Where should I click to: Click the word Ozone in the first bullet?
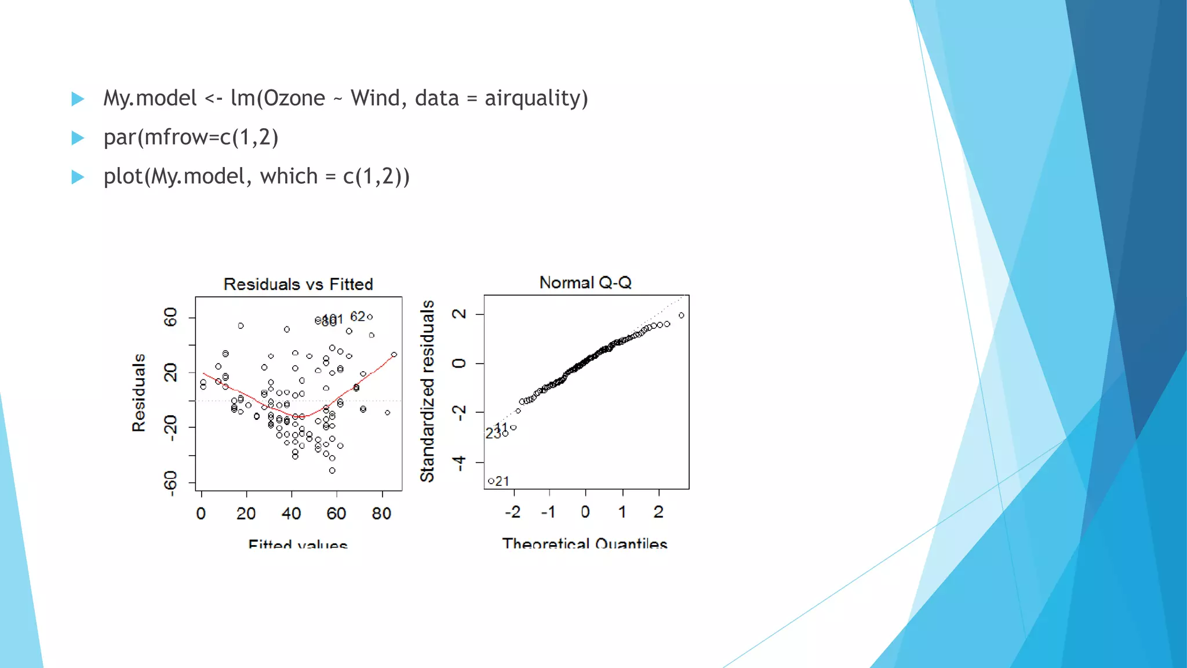pyautogui.click(x=294, y=98)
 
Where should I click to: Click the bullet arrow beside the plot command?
pyautogui.click(x=78, y=177)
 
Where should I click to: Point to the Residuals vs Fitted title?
pyautogui.click(x=298, y=284)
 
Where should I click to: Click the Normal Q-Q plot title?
pyautogui.click(x=585, y=282)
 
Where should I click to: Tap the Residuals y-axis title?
pyautogui.click(x=139, y=393)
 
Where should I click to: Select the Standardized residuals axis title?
pyautogui.click(x=427, y=391)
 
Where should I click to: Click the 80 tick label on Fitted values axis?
pyautogui.click(x=381, y=513)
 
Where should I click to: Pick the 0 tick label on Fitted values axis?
pyautogui.click(x=201, y=513)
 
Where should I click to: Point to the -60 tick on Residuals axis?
pyautogui.click(x=170, y=483)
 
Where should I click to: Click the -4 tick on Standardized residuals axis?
pyautogui.click(x=459, y=463)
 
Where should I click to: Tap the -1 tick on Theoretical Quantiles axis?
pyautogui.click(x=548, y=511)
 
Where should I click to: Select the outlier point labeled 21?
pyautogui.click(x=491, y=481)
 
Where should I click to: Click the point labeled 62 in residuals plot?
pyautogui.click(x=370, y=317)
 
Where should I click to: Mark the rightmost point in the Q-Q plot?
pyautogui.click(x=681, y=315)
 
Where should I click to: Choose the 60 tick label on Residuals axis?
pyautogui.click(x=170, y=317)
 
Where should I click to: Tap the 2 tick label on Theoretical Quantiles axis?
pyautogui.click(x=658, y=511)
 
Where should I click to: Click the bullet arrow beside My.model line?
pyautogui.click(x=78, y=99)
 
